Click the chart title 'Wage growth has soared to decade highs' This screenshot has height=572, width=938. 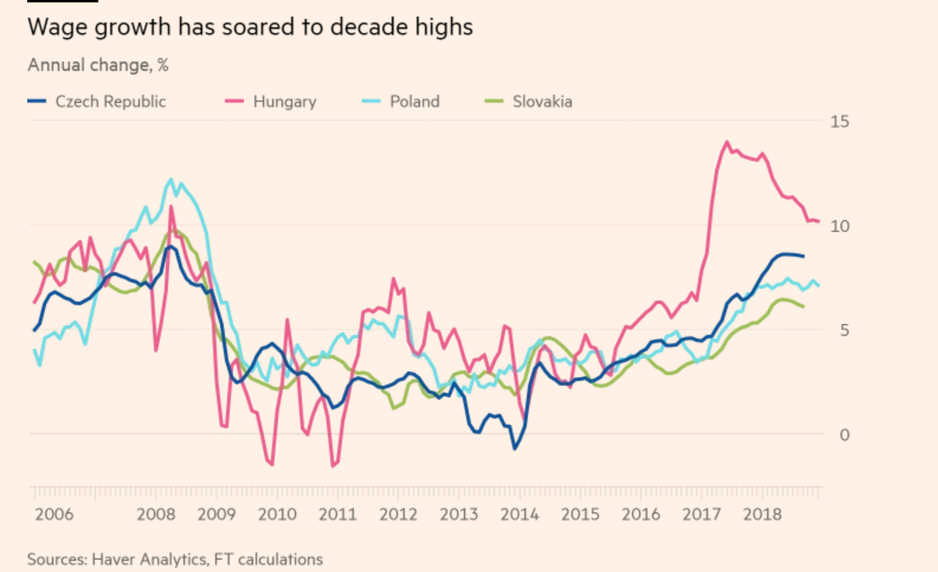coord(250,27)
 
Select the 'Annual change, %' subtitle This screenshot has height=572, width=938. coord(98,65)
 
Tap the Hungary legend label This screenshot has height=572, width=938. coord(285,102)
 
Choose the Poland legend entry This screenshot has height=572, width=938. coord(414,102)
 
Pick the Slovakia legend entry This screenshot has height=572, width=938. coord(542,102)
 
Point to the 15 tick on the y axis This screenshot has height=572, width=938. coord(839,122)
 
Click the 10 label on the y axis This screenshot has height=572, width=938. coord(839,226)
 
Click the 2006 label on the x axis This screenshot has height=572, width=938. coord(54,514)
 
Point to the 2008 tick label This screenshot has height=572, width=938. coord(156,514)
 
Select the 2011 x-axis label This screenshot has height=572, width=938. coord(337,514)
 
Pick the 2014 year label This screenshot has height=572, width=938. coord(519,514)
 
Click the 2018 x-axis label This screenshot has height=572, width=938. coord(762,514)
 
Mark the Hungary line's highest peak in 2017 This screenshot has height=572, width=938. coord(727,142)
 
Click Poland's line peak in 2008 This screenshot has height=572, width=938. coord(171,179)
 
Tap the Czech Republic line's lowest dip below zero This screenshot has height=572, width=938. coord(514,449)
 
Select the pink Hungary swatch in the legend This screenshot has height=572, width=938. coord(234,102)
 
